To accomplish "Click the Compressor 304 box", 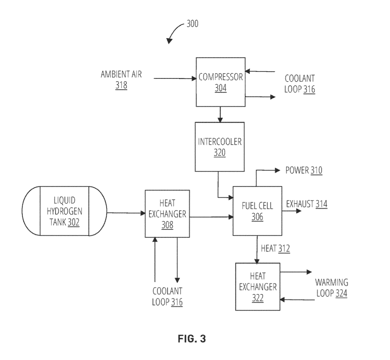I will pos(220,82).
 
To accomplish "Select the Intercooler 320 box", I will pos(219,147).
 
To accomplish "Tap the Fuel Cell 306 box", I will pos(257,211).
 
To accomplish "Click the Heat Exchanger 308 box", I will pos(167,214).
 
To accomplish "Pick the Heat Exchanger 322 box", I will pos(258,286).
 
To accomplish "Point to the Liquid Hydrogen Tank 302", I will pos(65,211).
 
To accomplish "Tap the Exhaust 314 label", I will pos(307,204).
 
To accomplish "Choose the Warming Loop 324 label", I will pos(331,288).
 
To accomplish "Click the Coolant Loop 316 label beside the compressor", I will pos(299,84).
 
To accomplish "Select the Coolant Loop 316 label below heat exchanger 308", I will pos(167,296).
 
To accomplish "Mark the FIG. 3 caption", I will pos(192,339).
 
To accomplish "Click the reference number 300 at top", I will pos(192,24).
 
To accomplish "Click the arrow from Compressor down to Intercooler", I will pos(220,114).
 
